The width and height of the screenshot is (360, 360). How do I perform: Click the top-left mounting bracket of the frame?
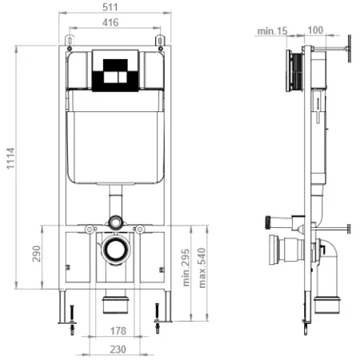pos(70,42)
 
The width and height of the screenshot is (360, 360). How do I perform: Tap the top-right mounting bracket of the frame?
pos(162,42)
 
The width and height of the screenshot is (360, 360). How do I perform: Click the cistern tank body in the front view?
pos(115,136)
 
